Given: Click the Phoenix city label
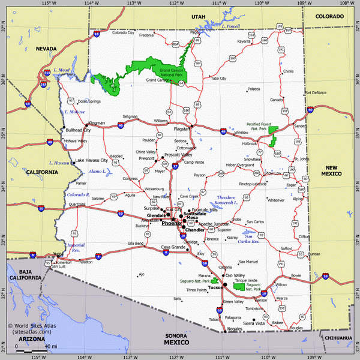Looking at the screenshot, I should (171, 223).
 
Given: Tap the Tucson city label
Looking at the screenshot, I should (215, 287).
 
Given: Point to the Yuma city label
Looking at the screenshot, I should (57, 254).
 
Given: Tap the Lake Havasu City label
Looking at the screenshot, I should (91, 160).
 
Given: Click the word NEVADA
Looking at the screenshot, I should (46, 48).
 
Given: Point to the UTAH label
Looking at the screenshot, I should (198, 17).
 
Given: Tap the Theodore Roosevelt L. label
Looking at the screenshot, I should (226, 200).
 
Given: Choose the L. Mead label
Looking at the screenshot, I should (62, 70).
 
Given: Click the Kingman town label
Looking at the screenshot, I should (96, 122).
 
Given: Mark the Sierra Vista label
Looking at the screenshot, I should (252, 323).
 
